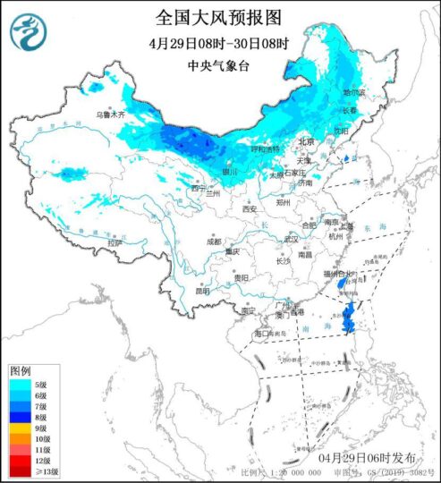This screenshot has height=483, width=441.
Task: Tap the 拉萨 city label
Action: [x=113, y=242]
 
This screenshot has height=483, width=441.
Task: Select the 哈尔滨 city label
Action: [x=356, y=92]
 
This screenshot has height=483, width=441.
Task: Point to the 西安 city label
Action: [x=249, y=208]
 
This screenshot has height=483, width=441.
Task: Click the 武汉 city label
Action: [x=291, y=239]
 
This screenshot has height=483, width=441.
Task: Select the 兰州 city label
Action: [x=212, y=192]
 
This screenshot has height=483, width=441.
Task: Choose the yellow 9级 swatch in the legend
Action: [x=17, y=428]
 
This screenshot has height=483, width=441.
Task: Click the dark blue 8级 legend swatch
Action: [x=17, y=416]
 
